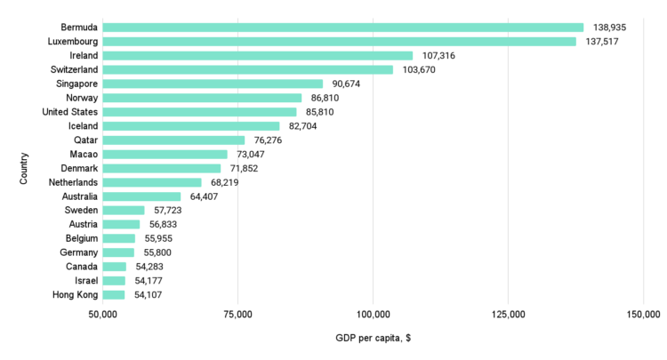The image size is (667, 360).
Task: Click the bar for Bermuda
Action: pos(343,28)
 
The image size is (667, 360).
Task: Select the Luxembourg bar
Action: pos(340,42)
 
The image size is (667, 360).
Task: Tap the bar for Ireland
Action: pos(258,56)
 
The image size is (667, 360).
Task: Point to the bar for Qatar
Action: pos(174,140)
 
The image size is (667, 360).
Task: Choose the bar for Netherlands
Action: pos(152,182)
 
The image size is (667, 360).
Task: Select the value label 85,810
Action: pos(325,112)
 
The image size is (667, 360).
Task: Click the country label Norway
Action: pos(82,98)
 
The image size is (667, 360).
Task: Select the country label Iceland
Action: pos(83,126)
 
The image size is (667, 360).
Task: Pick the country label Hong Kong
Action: pos(76,295)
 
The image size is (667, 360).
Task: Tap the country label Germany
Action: pos(78,252)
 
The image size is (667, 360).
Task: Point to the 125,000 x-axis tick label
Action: pos(508,315)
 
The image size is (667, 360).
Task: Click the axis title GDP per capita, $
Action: pos(373,340)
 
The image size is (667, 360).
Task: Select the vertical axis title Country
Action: pos(24,168)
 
